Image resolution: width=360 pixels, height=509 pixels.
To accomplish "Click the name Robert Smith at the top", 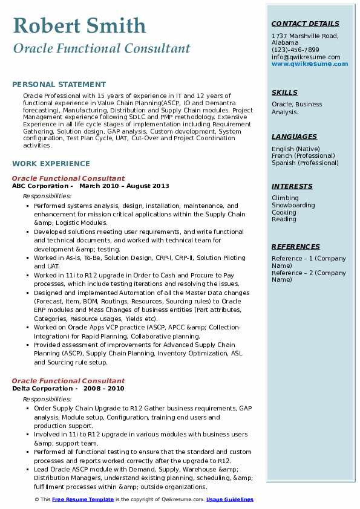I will tap(79, 25).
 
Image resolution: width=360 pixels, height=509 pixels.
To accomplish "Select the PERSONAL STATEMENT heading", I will tap(59, 85).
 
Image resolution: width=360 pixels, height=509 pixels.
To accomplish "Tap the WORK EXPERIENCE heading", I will tap(51, 164).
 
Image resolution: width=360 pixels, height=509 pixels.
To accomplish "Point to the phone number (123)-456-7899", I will tap(295, 50).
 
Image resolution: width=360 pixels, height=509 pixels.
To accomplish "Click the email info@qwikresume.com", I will tap(306, 57).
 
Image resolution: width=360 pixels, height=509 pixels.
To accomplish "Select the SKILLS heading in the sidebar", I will tap(284, 92).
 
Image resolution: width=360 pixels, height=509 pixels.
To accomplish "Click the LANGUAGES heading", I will tap(294, 137).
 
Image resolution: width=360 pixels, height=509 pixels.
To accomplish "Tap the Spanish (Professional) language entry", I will tap(306, 163).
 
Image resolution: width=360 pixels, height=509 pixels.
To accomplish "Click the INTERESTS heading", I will tap(292, 186).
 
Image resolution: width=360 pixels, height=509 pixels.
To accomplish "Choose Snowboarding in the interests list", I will tap(293, 205).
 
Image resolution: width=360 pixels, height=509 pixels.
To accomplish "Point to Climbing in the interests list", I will tap(285, 198).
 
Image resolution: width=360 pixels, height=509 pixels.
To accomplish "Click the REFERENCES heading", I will tap(296, 247).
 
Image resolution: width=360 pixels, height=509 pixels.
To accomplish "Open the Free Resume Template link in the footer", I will tap(83, 499).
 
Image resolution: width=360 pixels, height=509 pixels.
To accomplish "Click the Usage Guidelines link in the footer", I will tap(230, 499).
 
